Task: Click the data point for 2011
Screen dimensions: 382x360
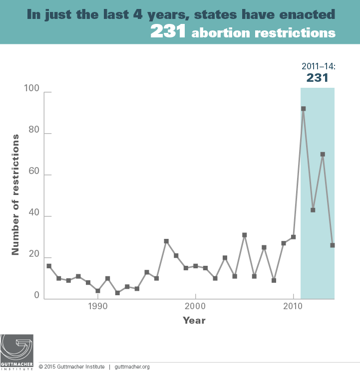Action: click(x=303, y=109)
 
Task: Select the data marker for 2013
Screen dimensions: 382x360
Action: click(x=323, y=155)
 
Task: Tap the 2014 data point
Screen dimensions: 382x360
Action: click(x=333, y=245)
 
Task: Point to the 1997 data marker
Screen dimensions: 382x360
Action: click(x=166, y=241)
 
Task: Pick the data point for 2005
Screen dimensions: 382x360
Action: click(x=245, y=235)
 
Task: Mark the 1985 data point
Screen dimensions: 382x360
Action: click(x=49, y=266)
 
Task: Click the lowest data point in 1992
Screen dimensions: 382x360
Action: click(x=117, y=293)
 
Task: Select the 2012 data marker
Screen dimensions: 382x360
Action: click(x=313, y=210)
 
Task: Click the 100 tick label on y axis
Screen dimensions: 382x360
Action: click(x=31, y=89)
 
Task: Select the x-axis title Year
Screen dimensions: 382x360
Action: click(x=194, y=320)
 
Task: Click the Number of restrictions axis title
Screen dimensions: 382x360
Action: click(x=16, y=194)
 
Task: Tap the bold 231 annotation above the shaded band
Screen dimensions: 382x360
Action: click(x=317, y=78)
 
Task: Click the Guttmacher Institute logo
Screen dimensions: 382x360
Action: click(x=17, y=352)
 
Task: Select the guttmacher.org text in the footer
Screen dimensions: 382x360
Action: click(x=132, y=367)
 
